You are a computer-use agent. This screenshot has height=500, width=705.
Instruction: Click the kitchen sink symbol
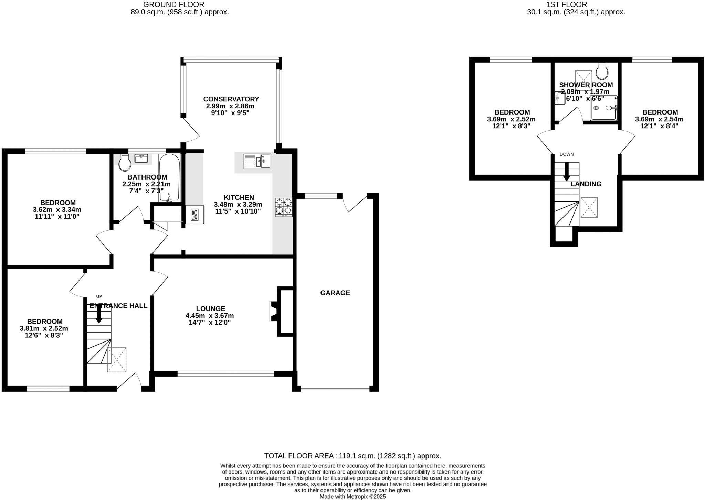[257, 161]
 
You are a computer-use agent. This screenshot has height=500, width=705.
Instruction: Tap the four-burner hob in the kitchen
[284, 207]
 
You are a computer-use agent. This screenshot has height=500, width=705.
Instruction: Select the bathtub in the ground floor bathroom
[169, 178]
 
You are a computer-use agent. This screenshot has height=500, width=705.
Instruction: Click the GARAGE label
[335, 293]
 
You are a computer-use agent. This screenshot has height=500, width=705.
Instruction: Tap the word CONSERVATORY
[231, 99]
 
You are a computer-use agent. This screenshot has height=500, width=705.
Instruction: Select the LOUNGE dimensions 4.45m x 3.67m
[210, 316]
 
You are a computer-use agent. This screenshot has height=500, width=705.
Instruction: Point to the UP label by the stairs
[99, 296]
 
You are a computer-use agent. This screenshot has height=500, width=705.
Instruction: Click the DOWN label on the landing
[567, 154]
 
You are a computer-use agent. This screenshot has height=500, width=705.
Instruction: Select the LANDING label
[586, 184]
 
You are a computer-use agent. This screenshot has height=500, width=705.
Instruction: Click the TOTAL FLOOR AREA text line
[352, 456]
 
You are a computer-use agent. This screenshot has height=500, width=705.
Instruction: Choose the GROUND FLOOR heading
[173, 4]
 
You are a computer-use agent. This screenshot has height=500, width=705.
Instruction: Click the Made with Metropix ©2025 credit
[352, 497]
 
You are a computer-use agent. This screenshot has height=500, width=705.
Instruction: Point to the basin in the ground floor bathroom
[141, 158]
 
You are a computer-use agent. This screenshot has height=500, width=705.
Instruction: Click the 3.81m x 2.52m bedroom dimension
[44, 328]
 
